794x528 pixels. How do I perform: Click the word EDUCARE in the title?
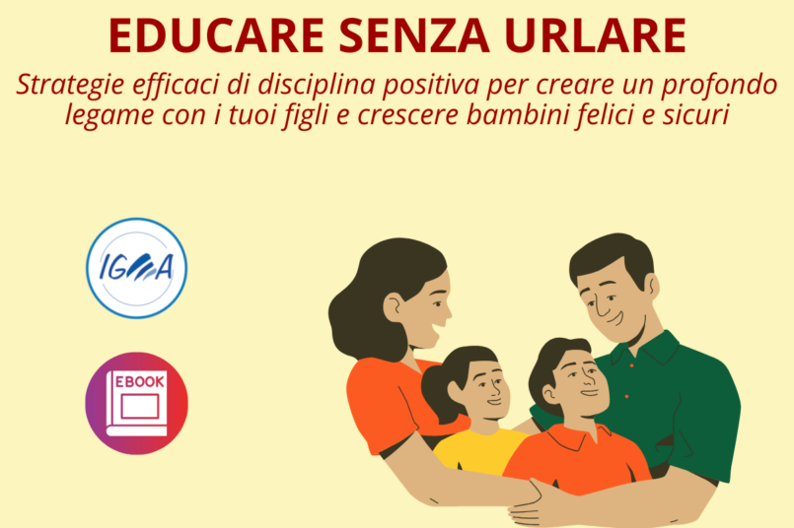click(216, 35)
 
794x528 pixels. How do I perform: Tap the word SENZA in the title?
click(414, 35)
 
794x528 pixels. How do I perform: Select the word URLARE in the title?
click(596, 35)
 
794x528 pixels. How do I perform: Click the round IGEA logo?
click(137, 268)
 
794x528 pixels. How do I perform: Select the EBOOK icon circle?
click(137, 403)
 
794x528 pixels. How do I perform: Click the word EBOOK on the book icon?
click(140, 382)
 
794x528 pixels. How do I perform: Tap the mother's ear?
click(394, 307)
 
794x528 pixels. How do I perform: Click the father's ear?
click(653, 287)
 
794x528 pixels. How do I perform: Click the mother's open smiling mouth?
click(436, 332)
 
